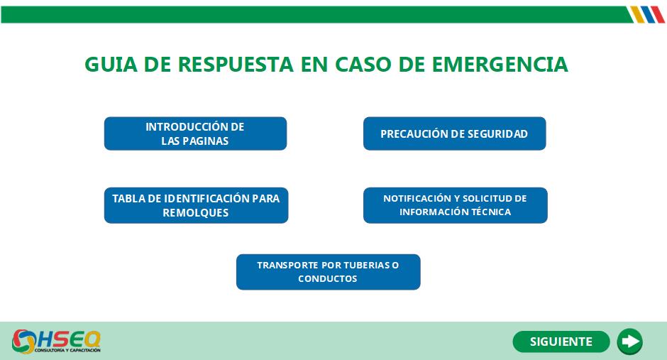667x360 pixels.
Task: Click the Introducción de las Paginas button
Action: click(195, 133)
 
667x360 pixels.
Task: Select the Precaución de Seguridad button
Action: click(454, 133)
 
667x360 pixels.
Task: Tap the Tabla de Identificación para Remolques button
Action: click(196, 205)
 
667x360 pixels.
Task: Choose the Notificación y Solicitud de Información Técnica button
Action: click(455, 205)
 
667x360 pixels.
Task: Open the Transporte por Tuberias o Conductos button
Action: click(328, 272)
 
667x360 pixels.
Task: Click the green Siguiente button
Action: click(561, 342)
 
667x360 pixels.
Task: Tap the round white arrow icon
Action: click(630, 342)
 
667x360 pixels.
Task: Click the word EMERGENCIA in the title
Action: click(500, 65)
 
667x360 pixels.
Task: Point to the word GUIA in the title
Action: click(111, 65)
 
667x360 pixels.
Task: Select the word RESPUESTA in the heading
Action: click(236, 65)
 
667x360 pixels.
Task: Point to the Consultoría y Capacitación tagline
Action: click(67, 350)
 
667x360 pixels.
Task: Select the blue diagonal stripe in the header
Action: click(648, 14)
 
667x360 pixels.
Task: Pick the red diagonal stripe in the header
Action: click(658, 14)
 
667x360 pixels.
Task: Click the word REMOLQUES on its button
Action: click(196, 213)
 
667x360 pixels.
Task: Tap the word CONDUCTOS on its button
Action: click(328, 279)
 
